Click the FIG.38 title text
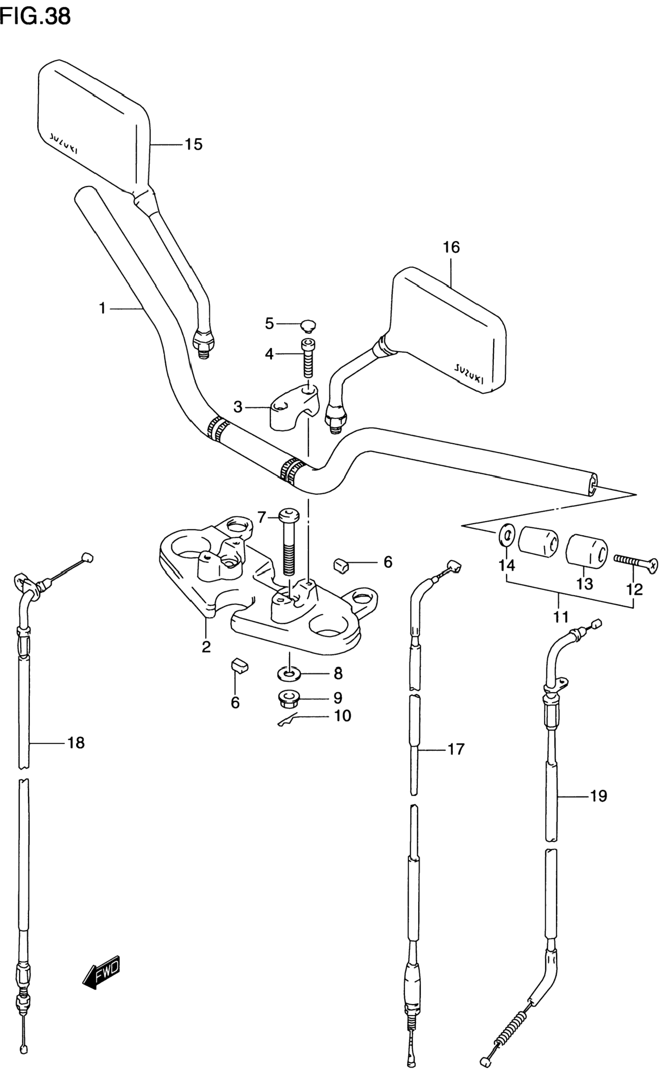[35, 16]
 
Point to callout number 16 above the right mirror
[451, 247]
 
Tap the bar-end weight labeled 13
[587, 549]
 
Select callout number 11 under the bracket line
[561, 616]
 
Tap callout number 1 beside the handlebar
[102, 308]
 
